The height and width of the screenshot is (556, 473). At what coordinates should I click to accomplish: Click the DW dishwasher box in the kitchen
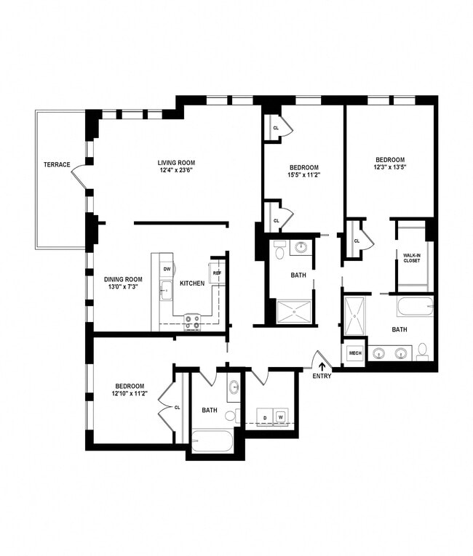click(167, 269)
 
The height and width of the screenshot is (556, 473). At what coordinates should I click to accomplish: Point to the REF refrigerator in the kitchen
click(217, 273)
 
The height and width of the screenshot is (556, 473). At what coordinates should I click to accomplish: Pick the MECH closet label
click(355, 354)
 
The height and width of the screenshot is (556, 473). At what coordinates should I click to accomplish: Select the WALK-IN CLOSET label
click(413, 257)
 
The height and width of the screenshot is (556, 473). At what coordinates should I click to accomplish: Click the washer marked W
click(279, 417)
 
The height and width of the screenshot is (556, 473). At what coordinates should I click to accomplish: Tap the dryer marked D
click(265, 417)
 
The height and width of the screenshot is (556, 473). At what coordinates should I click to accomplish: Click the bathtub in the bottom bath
click(212, 441)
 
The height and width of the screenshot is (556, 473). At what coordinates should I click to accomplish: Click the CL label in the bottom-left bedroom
click(177, 407)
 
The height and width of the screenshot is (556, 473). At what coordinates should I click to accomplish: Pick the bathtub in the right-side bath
click(415, 305)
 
